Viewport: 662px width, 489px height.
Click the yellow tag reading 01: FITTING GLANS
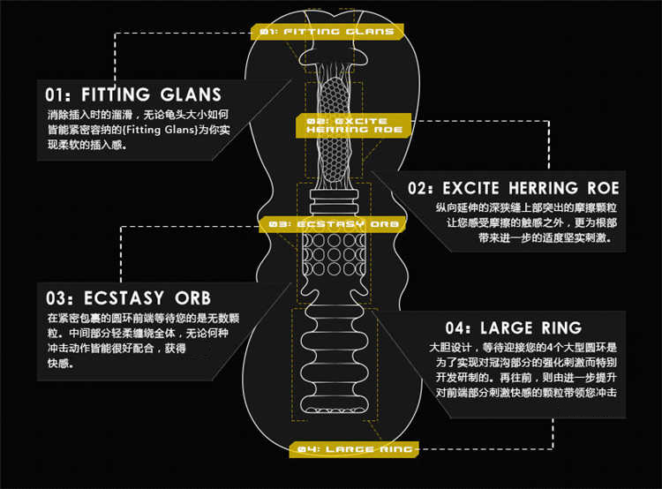click(327, 32)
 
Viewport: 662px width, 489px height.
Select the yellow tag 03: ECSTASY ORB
click(333, 224)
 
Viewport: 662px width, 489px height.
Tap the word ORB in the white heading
click(192, 296)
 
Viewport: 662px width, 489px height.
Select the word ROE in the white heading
click(603, 188)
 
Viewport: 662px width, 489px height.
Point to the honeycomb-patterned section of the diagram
click(334, 132)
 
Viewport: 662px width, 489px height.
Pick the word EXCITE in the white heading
click(468, 188)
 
